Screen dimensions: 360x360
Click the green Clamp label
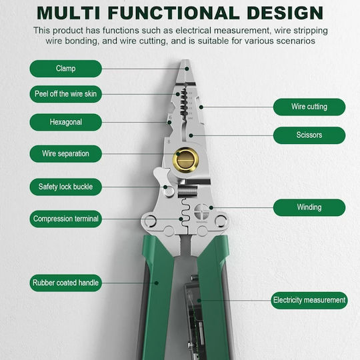click(x=65, y=69)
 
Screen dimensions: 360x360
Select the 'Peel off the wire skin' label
click(x=65, y=94)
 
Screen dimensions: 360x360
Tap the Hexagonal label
click(x=65, y=122)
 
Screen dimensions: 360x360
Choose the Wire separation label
click(x=65, y=153)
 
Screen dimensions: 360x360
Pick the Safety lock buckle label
click(x=65, y=187)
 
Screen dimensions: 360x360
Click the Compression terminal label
click(x=65, y=219)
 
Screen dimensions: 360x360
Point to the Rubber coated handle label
click(x=65, y=283)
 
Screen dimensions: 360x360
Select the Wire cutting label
click(x=309, y=107)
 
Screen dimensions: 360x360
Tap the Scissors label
click(x=309, y=135)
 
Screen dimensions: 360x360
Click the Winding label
click(x=309, y=207)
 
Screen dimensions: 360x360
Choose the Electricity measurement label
click(x=309, y=300)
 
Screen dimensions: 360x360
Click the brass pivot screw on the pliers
click(x=186, y=160)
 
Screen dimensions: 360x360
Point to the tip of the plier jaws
click(x=185, y=61)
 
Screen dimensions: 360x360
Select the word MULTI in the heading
click(x=69, y=13)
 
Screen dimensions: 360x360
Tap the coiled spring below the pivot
click(x=187, y=191)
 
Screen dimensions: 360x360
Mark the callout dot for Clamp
click(x=187, y=69)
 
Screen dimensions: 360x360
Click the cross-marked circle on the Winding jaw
click(x=201, y=211)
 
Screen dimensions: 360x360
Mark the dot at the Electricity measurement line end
click(x=199, y=301)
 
